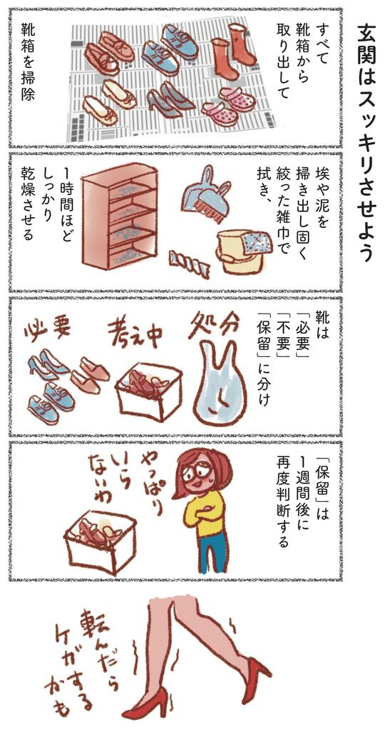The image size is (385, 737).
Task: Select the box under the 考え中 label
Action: coord(148,393)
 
